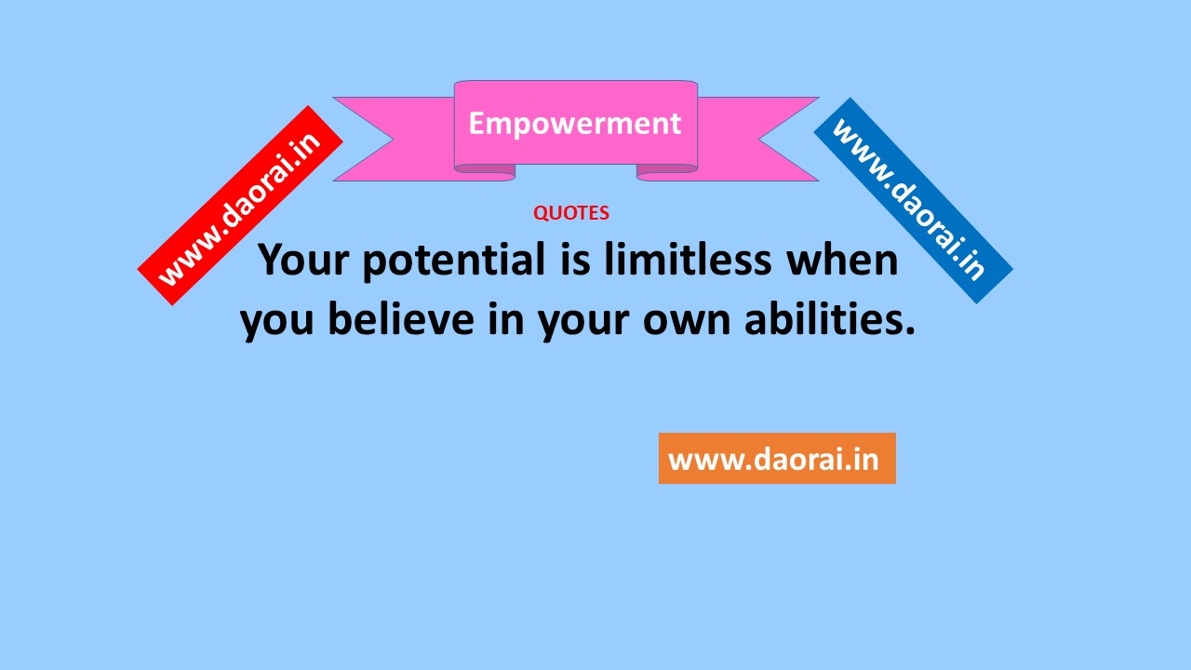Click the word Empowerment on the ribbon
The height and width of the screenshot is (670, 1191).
click(575, 125)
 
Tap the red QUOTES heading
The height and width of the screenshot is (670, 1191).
click(571, 213)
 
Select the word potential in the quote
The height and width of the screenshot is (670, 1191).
click(455, 261)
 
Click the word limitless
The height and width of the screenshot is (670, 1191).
click(688, 260)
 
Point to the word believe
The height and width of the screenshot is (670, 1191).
click(401, 319)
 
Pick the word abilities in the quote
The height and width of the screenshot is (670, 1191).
click(830, 319)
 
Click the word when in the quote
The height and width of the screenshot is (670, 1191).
click(843, 260)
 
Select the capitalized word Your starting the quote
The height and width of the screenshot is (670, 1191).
click(303, 260)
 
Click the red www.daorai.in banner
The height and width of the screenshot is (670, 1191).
click(240, 206)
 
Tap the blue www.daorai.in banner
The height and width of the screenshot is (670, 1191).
click(913, 200)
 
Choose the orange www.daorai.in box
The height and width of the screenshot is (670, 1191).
click(777, 459)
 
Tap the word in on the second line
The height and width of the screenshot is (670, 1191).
click(506, 318)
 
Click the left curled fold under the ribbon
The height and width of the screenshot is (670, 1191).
click(485, 172)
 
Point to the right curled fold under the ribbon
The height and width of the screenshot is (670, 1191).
click(667, 172)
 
